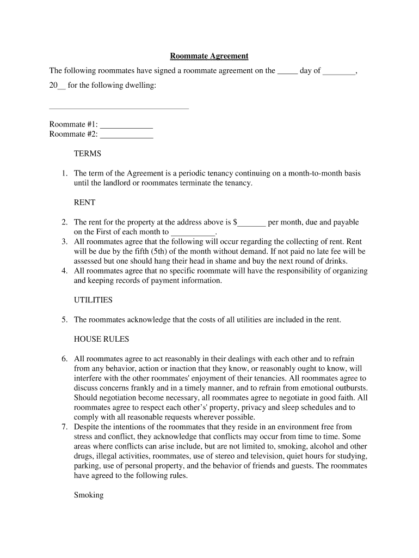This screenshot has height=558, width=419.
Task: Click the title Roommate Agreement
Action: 209,56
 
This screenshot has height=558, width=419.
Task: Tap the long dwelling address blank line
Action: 119,108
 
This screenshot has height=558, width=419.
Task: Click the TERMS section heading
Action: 87,154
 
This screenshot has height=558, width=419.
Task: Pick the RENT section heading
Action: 84,203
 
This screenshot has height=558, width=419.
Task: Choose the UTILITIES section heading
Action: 93,300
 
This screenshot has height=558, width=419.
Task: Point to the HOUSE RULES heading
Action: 101,339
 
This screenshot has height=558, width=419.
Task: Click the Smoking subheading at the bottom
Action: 88,496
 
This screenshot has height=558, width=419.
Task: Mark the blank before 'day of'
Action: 287,71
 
